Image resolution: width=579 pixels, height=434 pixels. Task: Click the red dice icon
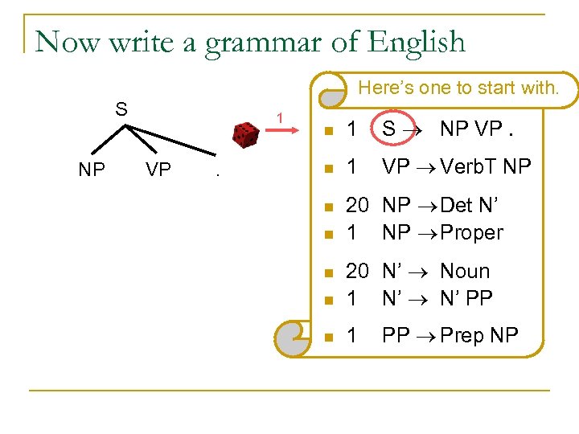[244, 134]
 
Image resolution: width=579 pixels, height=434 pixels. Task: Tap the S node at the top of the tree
[121, 108]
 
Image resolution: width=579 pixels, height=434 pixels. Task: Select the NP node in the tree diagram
[91, 170]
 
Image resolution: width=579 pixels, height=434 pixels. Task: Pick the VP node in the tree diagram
[158, 170]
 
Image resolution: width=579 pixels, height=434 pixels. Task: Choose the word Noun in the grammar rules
[465, 272]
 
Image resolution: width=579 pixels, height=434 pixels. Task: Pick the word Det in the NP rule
[456, 207]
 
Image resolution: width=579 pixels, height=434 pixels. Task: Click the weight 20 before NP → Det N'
[357, 207]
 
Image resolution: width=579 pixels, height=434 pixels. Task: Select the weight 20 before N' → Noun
[357, 272]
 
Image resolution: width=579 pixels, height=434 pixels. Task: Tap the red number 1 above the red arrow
[279, 118]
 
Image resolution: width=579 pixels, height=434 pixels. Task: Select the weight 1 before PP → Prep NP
[351, 335]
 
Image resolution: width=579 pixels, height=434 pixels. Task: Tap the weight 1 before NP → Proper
[351, 233]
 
